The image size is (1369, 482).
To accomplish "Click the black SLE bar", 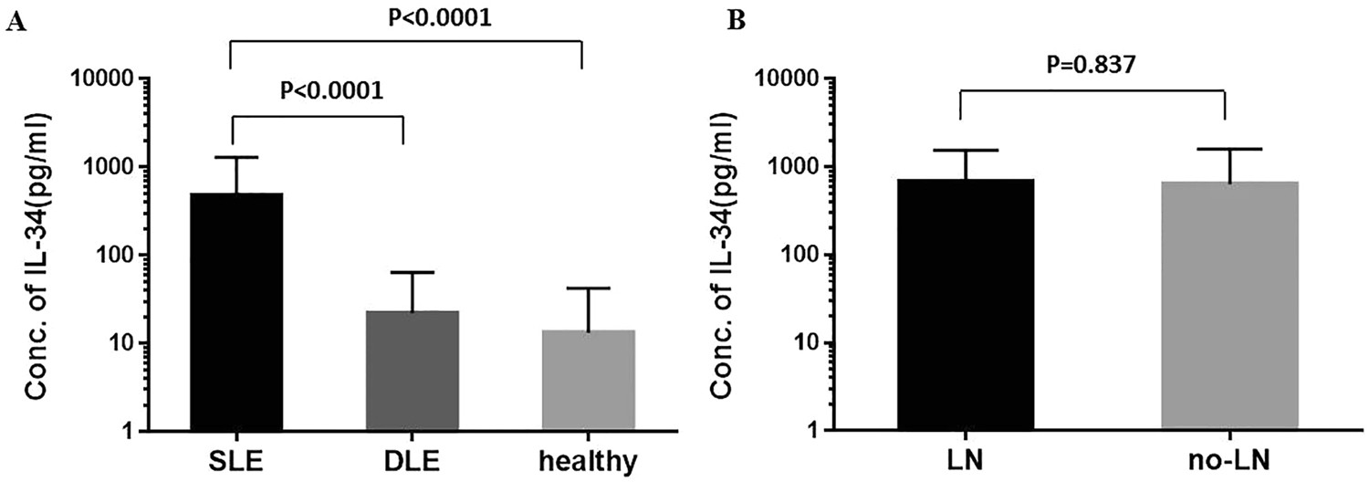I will [235, 310].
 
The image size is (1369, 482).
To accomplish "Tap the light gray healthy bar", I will [589, 379].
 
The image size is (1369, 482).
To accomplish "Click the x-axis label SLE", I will [235, 460].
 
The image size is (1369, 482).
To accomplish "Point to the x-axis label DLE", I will [412, 460].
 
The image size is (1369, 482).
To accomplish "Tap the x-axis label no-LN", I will [1229, 460].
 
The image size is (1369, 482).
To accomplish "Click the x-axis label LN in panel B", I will [966, 460].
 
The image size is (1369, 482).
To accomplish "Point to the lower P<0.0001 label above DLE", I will [318, 92].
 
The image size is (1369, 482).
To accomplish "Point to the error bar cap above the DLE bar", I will [412, 272].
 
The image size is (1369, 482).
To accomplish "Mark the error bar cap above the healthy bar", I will [589, 288].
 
